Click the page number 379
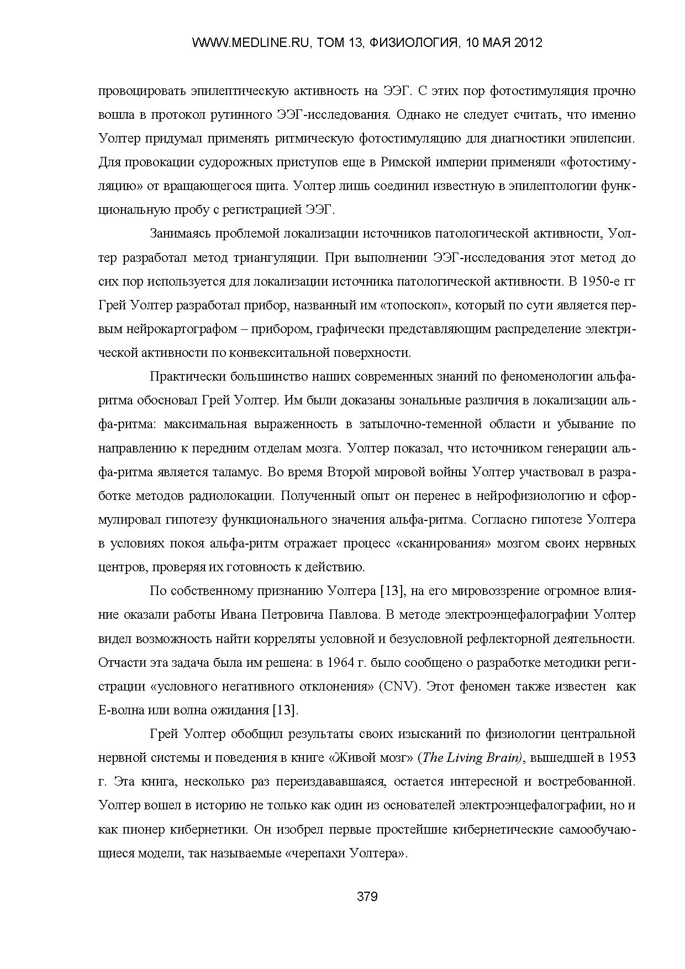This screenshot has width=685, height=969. click(367, 897)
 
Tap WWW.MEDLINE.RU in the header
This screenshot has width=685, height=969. click(249, 43)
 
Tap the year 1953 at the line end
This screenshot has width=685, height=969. click(621, 758)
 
